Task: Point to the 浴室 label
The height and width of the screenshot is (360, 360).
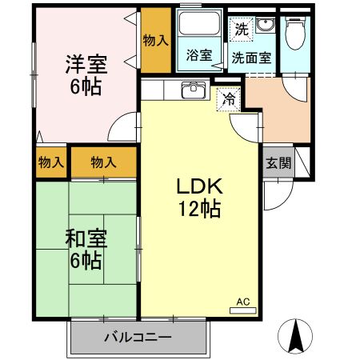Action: point(199,56)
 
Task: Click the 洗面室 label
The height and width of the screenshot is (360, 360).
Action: point(250,58)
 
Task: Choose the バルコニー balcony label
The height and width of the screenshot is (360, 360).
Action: point(137,337)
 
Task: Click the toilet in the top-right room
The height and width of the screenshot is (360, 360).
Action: point(295,32)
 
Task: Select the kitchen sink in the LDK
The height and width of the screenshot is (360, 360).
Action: point(193,90)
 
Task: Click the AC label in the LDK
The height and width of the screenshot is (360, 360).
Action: point(243,302)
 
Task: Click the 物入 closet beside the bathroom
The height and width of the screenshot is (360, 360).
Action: point(155,41)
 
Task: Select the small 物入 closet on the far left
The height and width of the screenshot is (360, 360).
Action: point(50,162)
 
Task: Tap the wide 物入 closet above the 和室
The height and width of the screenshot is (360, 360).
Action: point(103,162)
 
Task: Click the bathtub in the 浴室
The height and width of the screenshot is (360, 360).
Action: point(199,27)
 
